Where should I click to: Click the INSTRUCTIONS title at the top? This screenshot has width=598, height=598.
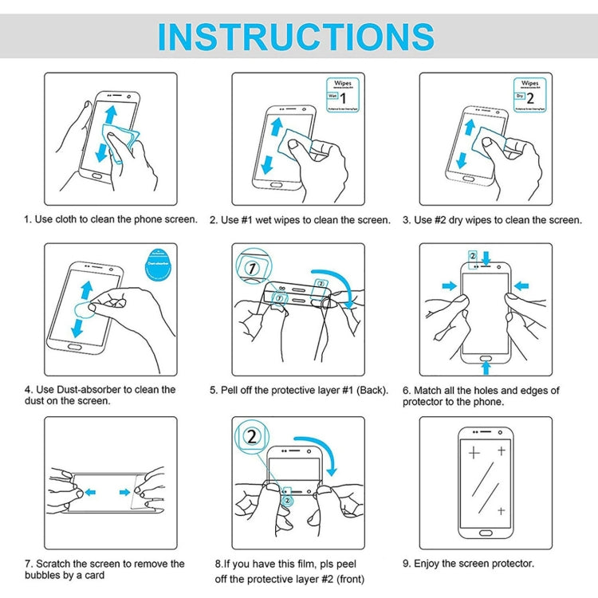[x=296, y=37]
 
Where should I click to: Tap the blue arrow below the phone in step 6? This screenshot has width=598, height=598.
[x=486, y=366]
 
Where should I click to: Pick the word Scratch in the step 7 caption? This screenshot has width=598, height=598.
[x=56, y=564]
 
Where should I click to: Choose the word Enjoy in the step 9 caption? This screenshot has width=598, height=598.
[x=431, y=564]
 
